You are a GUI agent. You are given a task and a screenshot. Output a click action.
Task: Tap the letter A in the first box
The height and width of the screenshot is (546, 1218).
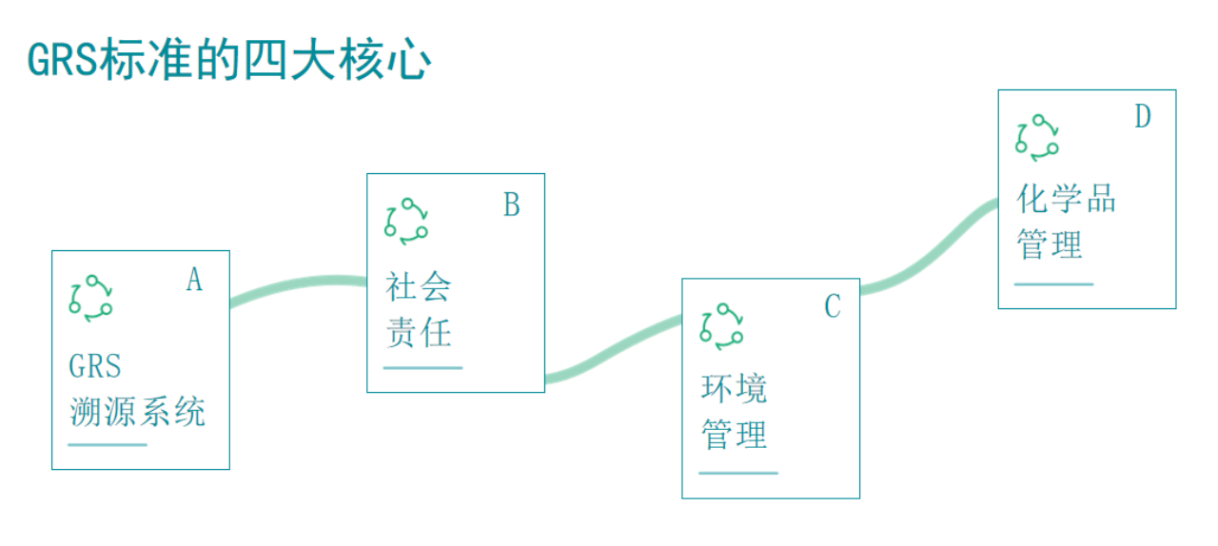point(194,281)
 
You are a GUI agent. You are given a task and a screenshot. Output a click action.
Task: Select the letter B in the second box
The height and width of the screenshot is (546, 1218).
point(511,205)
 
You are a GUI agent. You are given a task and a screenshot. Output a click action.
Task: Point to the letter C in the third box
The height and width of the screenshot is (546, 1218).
point(833,306)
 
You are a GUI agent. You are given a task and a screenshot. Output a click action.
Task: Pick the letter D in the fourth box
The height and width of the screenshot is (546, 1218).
point(1143,117)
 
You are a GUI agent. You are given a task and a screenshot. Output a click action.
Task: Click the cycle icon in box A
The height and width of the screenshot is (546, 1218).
point(90,298)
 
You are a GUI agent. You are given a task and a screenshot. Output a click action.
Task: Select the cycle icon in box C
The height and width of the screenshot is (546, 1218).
point(722,325)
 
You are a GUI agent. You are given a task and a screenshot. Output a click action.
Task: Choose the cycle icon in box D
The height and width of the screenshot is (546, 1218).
point(1037,137)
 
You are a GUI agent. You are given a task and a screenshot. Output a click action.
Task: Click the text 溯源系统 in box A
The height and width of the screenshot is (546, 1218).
point(137,412)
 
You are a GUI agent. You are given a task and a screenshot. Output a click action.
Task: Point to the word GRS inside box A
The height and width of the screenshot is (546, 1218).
point(95,366)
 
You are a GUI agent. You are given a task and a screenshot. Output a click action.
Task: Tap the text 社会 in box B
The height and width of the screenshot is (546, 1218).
point(418,287)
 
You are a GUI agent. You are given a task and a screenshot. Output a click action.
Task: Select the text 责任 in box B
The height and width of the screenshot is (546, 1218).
point(418,333)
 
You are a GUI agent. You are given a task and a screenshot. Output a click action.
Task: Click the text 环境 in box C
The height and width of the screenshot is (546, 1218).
point(734,389)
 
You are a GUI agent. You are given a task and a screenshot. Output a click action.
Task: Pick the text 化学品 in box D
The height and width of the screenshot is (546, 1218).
point(1066,200)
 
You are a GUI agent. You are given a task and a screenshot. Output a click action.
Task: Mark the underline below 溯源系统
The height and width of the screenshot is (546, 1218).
point(108,444)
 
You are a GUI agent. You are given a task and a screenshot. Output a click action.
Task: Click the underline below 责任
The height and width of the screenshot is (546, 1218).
point(423,367)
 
